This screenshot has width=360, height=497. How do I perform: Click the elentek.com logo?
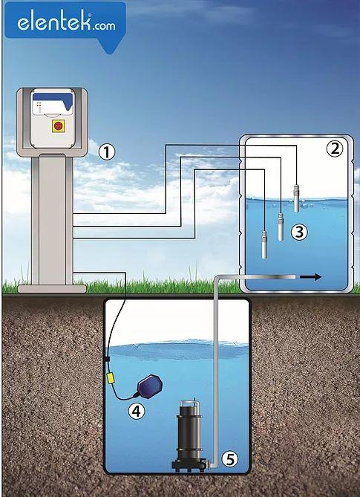[65, 24]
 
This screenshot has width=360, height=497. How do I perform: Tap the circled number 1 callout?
[106, 152]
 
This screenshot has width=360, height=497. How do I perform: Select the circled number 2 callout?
[335, 149]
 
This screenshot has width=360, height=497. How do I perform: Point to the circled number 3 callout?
[299, 232]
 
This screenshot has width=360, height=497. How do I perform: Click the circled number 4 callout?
[136, 411]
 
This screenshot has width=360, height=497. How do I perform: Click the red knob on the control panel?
[58, 126]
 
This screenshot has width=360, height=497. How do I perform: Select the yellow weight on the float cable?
[110, 378]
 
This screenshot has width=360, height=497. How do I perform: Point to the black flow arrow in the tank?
[310, 277]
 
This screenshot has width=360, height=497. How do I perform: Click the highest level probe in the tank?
[296, 198]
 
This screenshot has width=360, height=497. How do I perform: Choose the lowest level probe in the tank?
[264, 244]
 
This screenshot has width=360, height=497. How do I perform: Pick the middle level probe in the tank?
[281, 227]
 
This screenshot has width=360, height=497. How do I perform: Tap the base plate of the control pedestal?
[52, 289]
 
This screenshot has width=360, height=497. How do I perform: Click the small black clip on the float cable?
[107, 359]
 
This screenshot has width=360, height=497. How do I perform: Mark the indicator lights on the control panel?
[39, 107]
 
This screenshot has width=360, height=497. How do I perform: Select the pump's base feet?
[190, 467]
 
